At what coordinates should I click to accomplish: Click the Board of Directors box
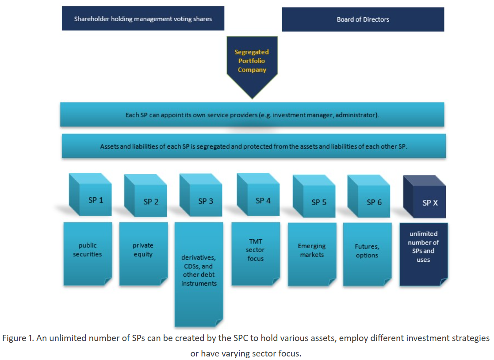363,19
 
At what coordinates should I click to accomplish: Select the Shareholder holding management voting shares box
143,19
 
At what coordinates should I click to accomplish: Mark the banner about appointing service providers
252,115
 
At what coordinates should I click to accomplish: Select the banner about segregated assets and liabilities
253,146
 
